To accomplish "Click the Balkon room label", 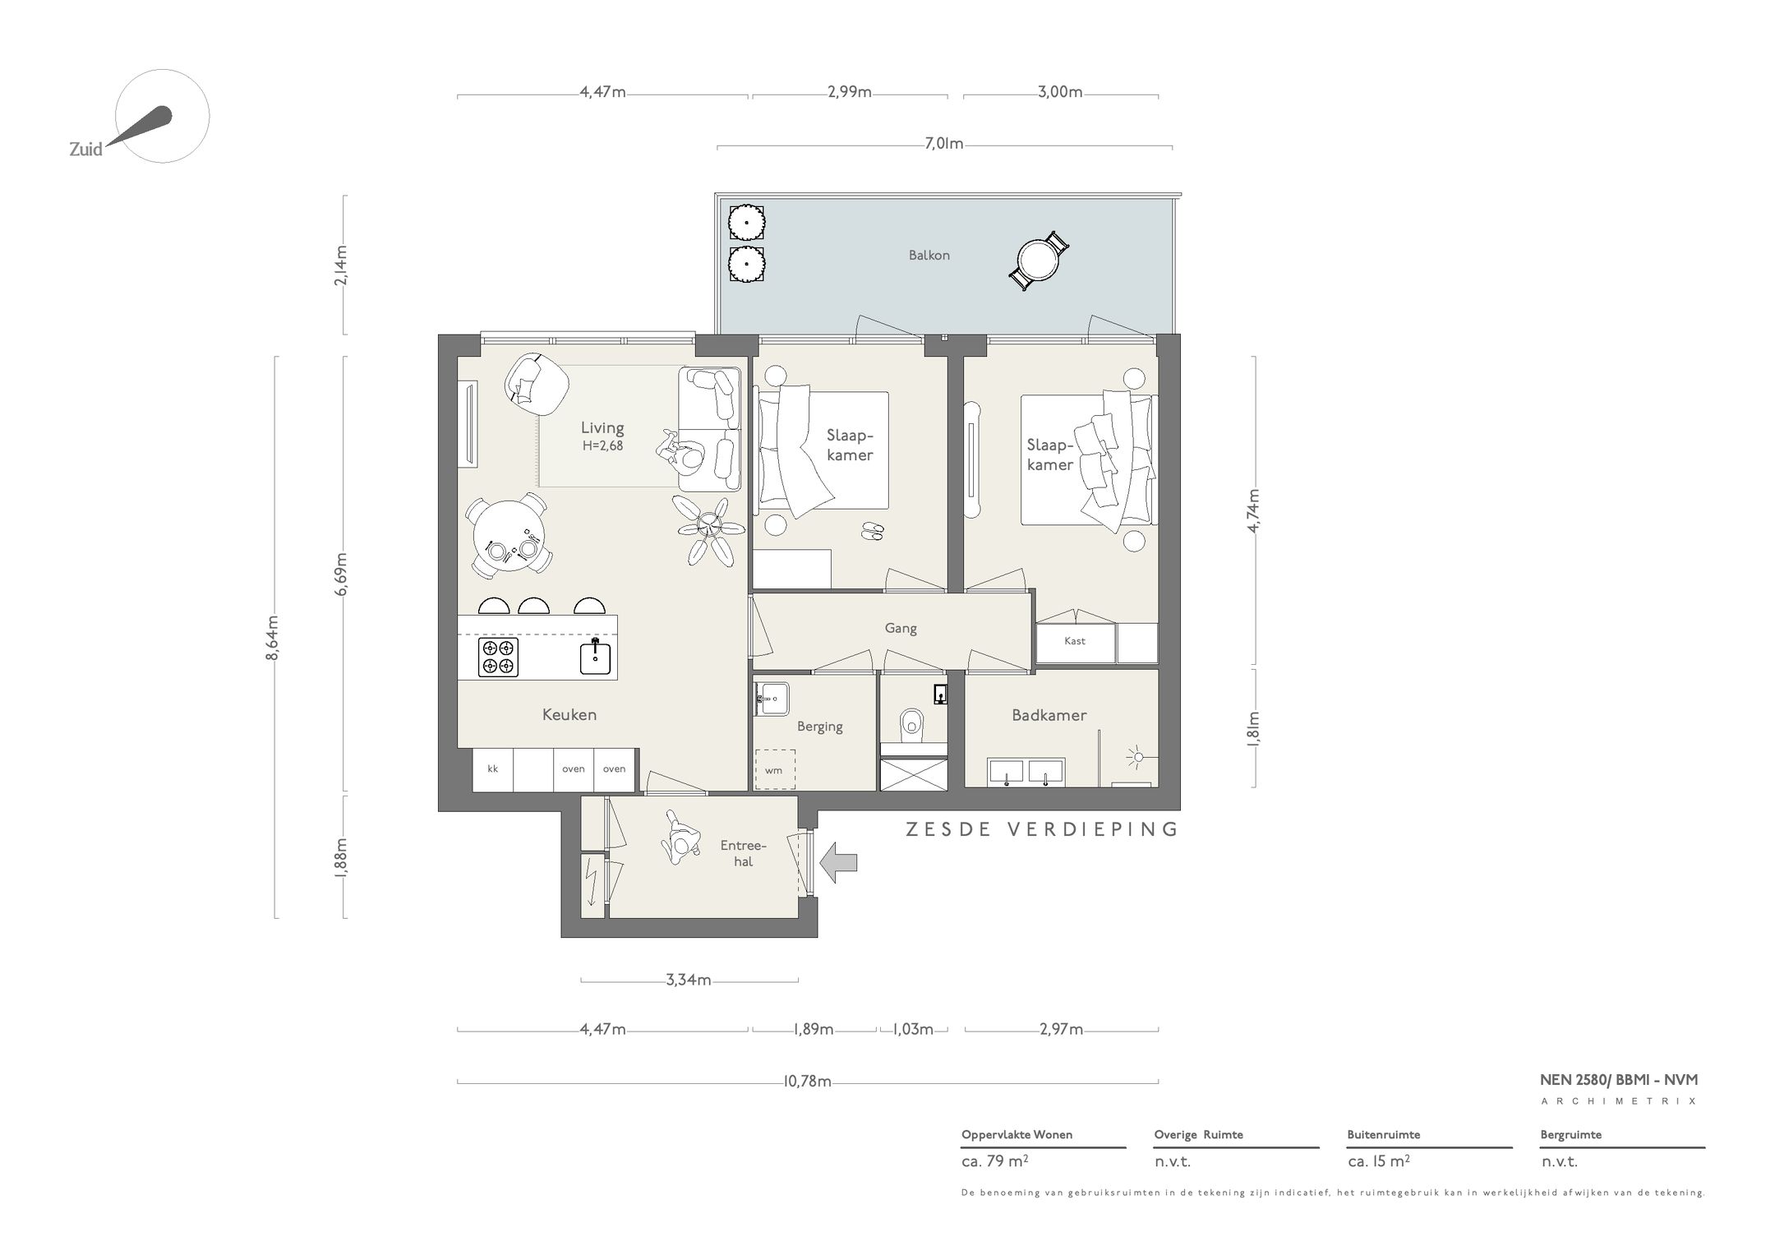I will pos(929,256).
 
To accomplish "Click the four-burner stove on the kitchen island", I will pos(499,657).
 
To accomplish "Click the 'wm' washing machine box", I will pos(774,770).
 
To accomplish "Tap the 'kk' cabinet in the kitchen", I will pos(493,769).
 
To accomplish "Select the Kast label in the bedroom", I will pos(1074,641).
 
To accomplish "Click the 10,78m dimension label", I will pos(807,1082).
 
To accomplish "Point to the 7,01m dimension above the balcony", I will pos(943,145).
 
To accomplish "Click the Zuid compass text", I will pos(85,150).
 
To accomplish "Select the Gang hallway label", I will pos(900,628).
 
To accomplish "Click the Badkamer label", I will pos(1049,715).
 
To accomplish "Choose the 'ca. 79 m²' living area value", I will pos(995,1162).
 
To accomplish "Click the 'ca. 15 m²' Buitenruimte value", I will pos(1379,1162).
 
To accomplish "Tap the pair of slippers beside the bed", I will pos(873,532).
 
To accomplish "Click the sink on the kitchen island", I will pos(596,657).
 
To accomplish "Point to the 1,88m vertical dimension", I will pos(340,857).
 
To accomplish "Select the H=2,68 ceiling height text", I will pos(602,446).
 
